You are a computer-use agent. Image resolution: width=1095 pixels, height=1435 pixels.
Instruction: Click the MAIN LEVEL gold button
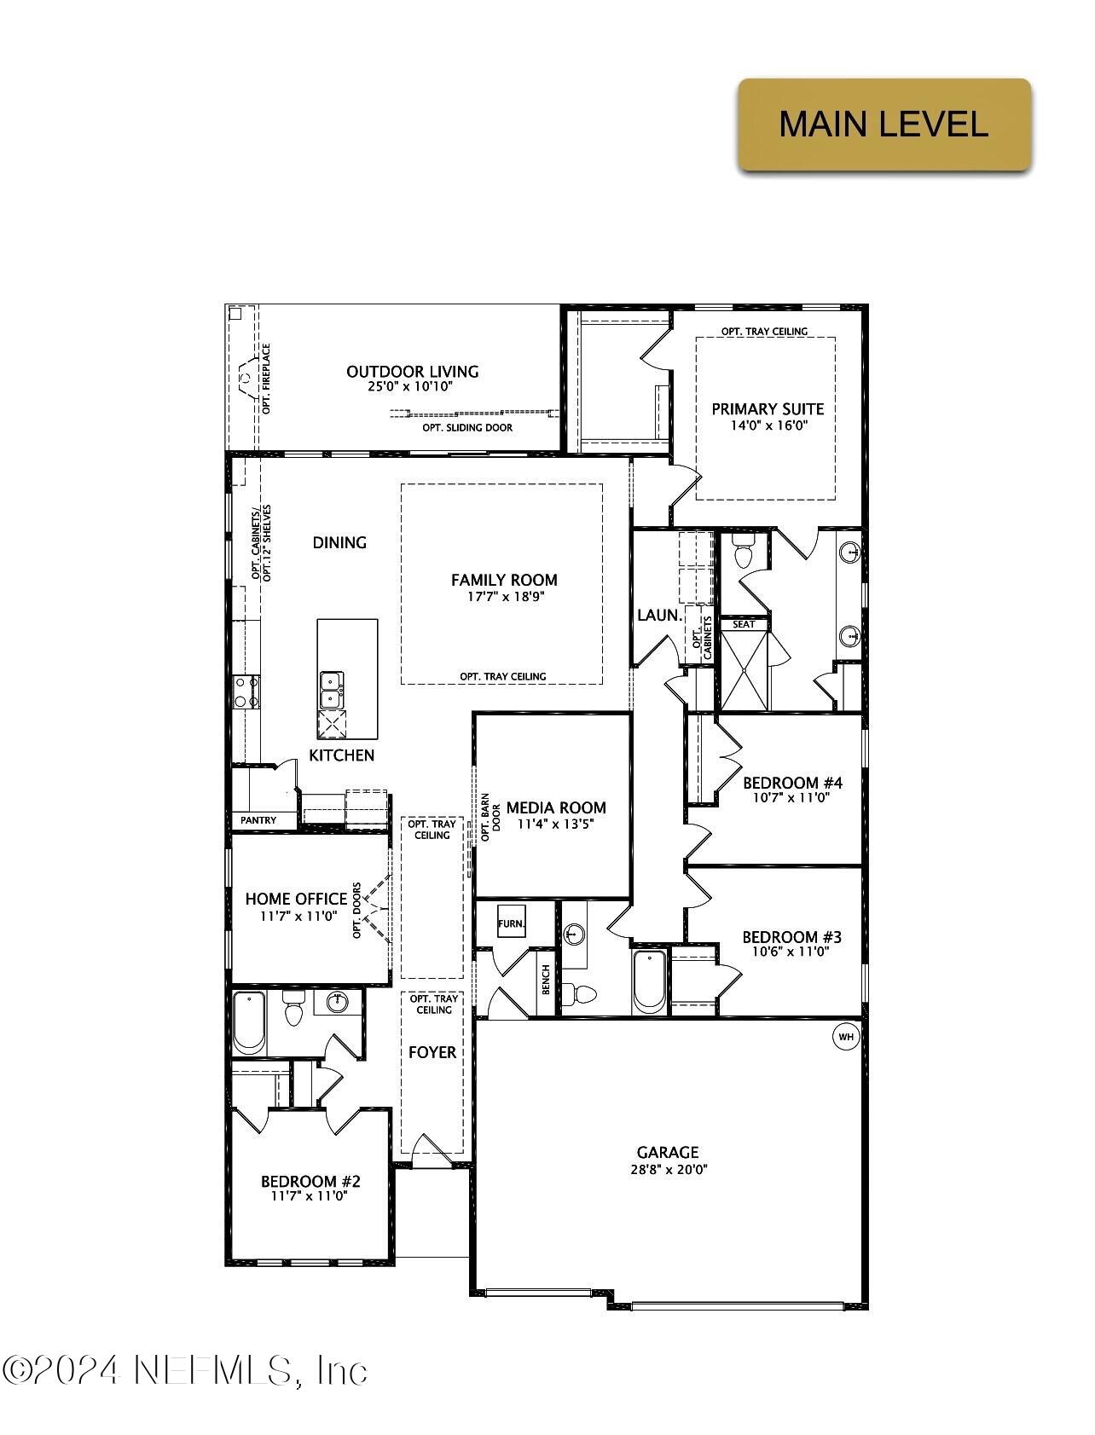click(x=884, y=124)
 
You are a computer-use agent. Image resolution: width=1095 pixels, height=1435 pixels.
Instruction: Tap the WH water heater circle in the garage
click(x=846, y=1037)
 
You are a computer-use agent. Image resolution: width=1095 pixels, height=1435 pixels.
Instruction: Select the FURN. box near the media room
click(x=512, y=923)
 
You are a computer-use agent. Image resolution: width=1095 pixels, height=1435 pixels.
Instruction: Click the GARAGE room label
click(x=668, y=1152)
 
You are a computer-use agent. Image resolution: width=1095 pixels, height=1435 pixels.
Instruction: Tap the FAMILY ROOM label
click(x=504, y=580)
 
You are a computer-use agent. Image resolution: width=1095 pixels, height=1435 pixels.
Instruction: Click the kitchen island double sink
click(x=331, y=690)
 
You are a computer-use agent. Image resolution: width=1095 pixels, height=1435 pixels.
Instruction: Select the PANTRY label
click(x=258, y=820)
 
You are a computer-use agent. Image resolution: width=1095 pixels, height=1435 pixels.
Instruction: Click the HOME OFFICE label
click(x=296, y=899)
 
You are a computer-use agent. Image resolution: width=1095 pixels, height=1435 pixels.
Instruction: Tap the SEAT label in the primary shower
click(x=744, y=624)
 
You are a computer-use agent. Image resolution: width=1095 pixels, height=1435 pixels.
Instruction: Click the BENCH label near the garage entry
click(x=546, y=980)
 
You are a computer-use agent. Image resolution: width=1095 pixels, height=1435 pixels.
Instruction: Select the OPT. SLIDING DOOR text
click(x=467, y=427)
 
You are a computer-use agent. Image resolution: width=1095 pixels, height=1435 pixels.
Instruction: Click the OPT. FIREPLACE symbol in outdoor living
click(x=246, y=379)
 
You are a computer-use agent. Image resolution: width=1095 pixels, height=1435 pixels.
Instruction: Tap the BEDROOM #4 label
click(x=792, y=783)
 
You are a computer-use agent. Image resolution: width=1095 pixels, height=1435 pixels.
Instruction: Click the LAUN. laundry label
click(x=659, y=615)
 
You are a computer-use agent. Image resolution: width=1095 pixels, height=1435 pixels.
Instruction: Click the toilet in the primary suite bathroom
click(x=742, y=554)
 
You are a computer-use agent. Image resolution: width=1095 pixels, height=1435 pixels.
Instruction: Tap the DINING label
click(x=339, y=542)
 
